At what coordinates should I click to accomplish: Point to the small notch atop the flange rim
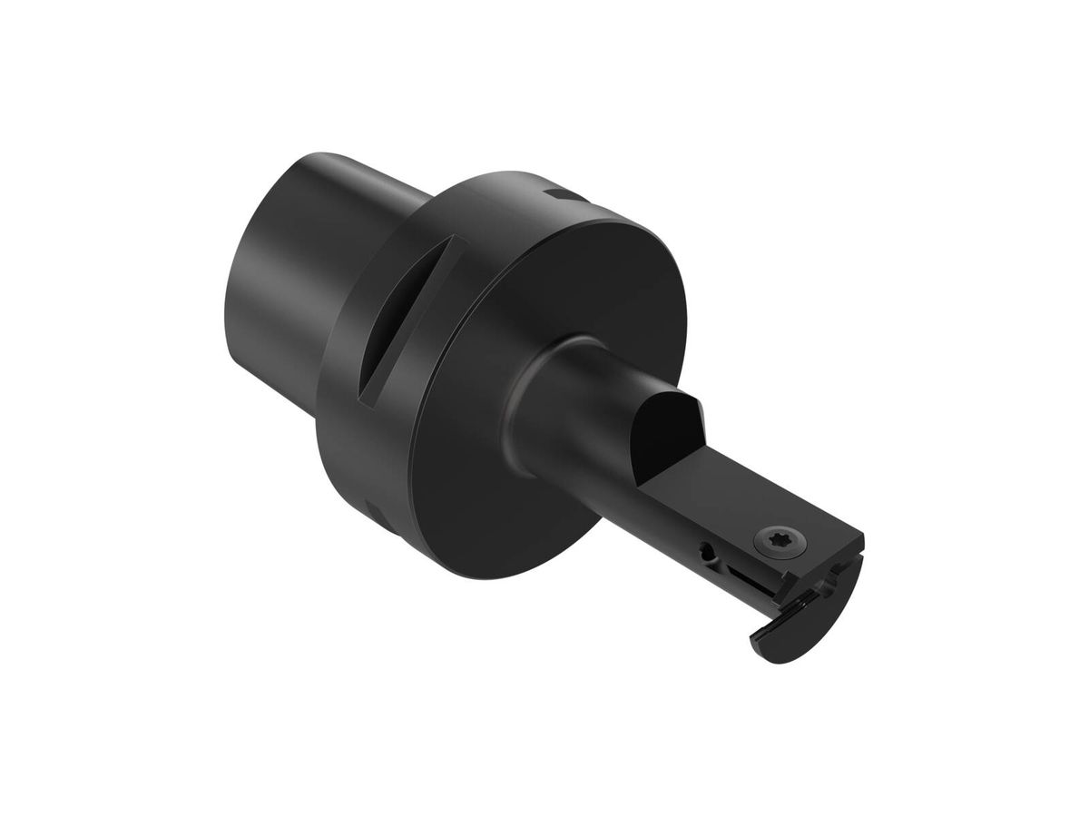point(560,194)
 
